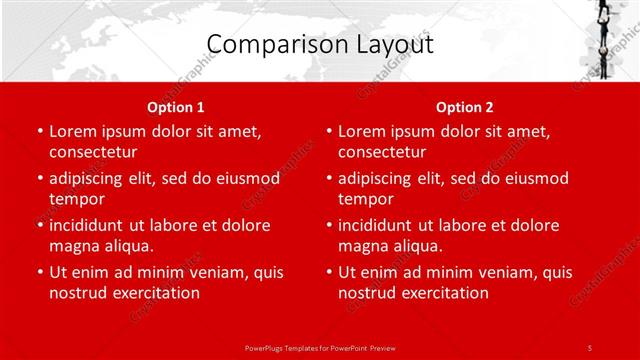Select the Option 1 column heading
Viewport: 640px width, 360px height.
(176, 107)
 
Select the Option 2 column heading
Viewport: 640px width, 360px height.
(465, 107)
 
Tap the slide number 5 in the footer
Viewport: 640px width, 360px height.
(590, 346)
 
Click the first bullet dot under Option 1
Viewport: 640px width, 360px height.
(39, 132)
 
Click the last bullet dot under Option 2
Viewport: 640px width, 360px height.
(328, 273)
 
